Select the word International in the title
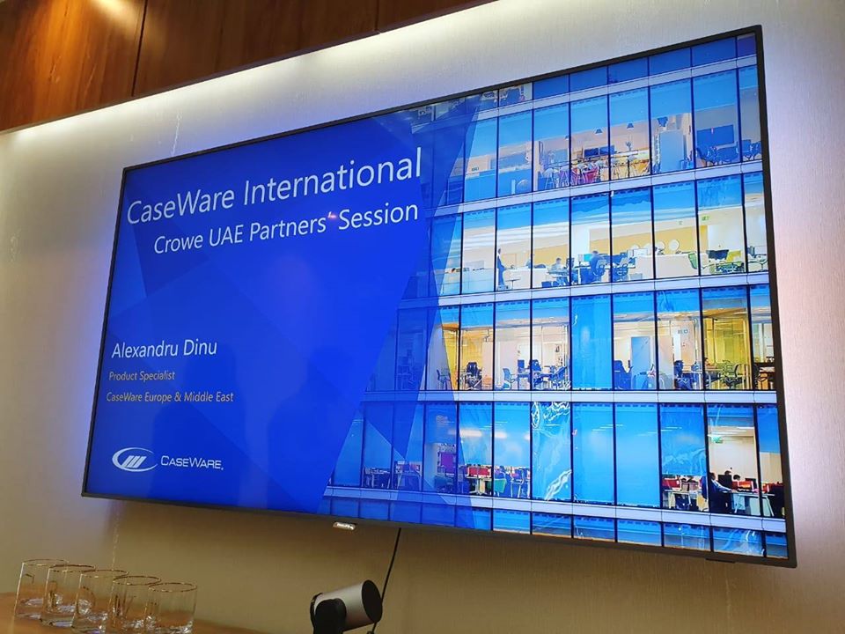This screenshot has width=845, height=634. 332,173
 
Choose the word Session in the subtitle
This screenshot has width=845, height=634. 378,215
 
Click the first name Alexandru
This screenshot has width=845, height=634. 144,350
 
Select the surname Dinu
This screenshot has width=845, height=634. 200,348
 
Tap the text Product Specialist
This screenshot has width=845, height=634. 142,376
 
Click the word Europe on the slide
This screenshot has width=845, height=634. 158,397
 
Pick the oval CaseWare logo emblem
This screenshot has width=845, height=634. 134,460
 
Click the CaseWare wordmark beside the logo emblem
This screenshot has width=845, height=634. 191,462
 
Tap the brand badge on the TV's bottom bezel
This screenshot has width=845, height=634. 343,525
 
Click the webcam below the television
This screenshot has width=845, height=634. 346,605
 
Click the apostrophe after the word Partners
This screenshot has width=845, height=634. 331,217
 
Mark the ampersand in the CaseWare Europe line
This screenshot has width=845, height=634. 178,398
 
